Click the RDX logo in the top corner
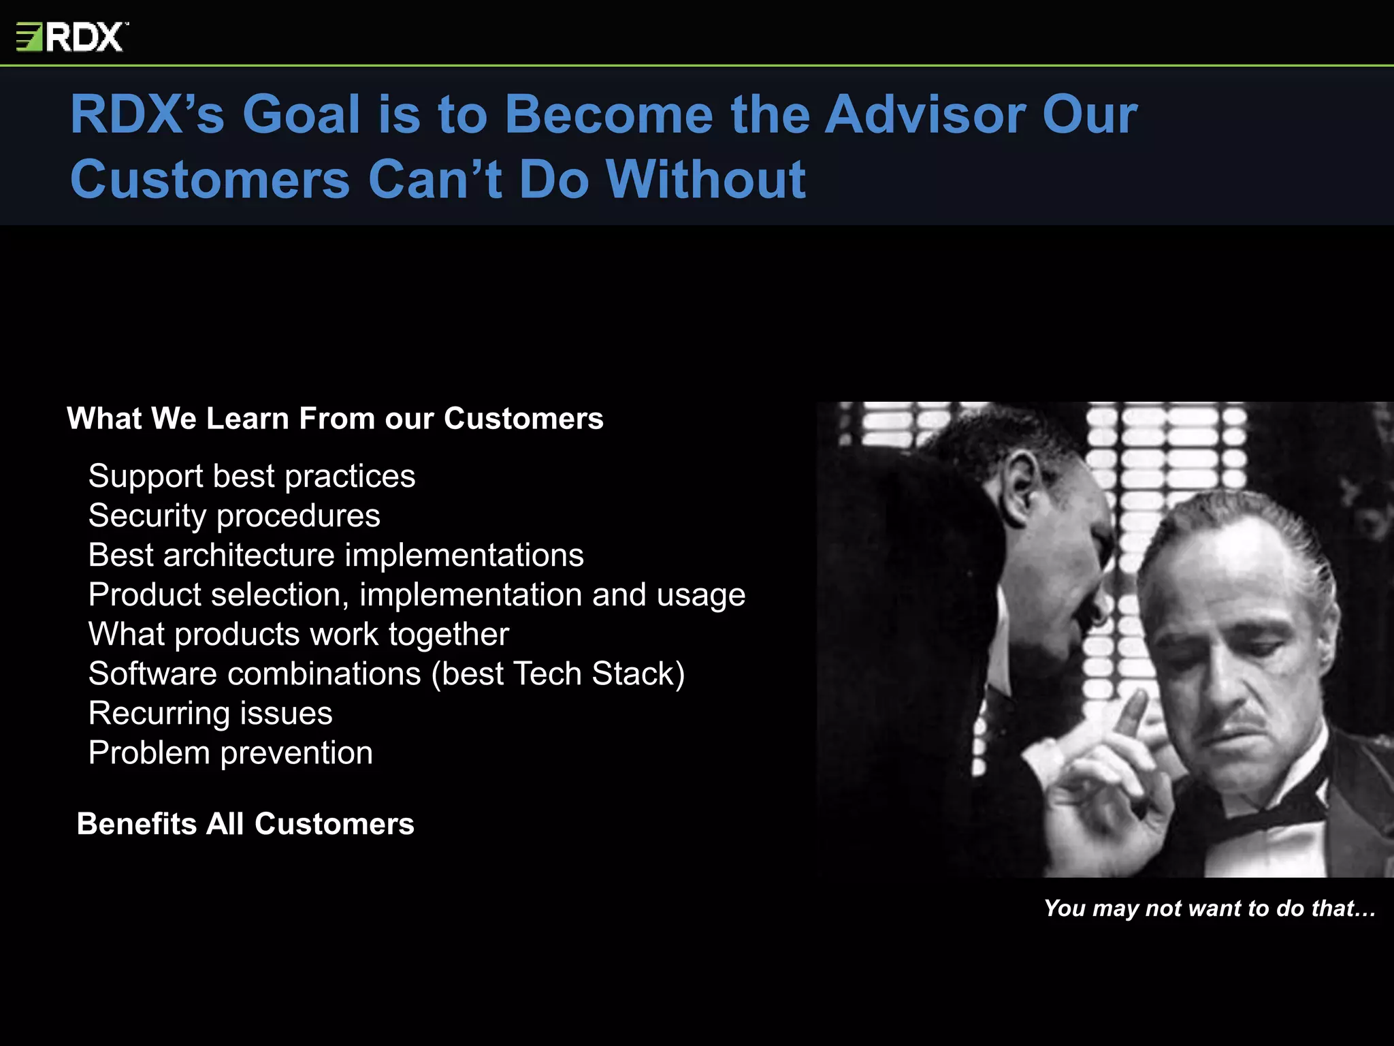click(72, 37)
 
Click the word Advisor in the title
click(925, 114)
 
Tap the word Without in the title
click(706, 180)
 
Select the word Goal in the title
click(301, 114)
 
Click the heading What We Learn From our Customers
click(335, 418)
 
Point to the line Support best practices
click(251, 476)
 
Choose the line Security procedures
click(234, 516)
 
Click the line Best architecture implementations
click(336, 555)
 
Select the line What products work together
click(298, 634)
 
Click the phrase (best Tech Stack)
click(558, 674)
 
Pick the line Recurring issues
click(210, 714)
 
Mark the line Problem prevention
click(230, 753)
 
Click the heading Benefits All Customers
click(245, 824)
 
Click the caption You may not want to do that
click(1209, 908)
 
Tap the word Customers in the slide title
click(210, 180)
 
